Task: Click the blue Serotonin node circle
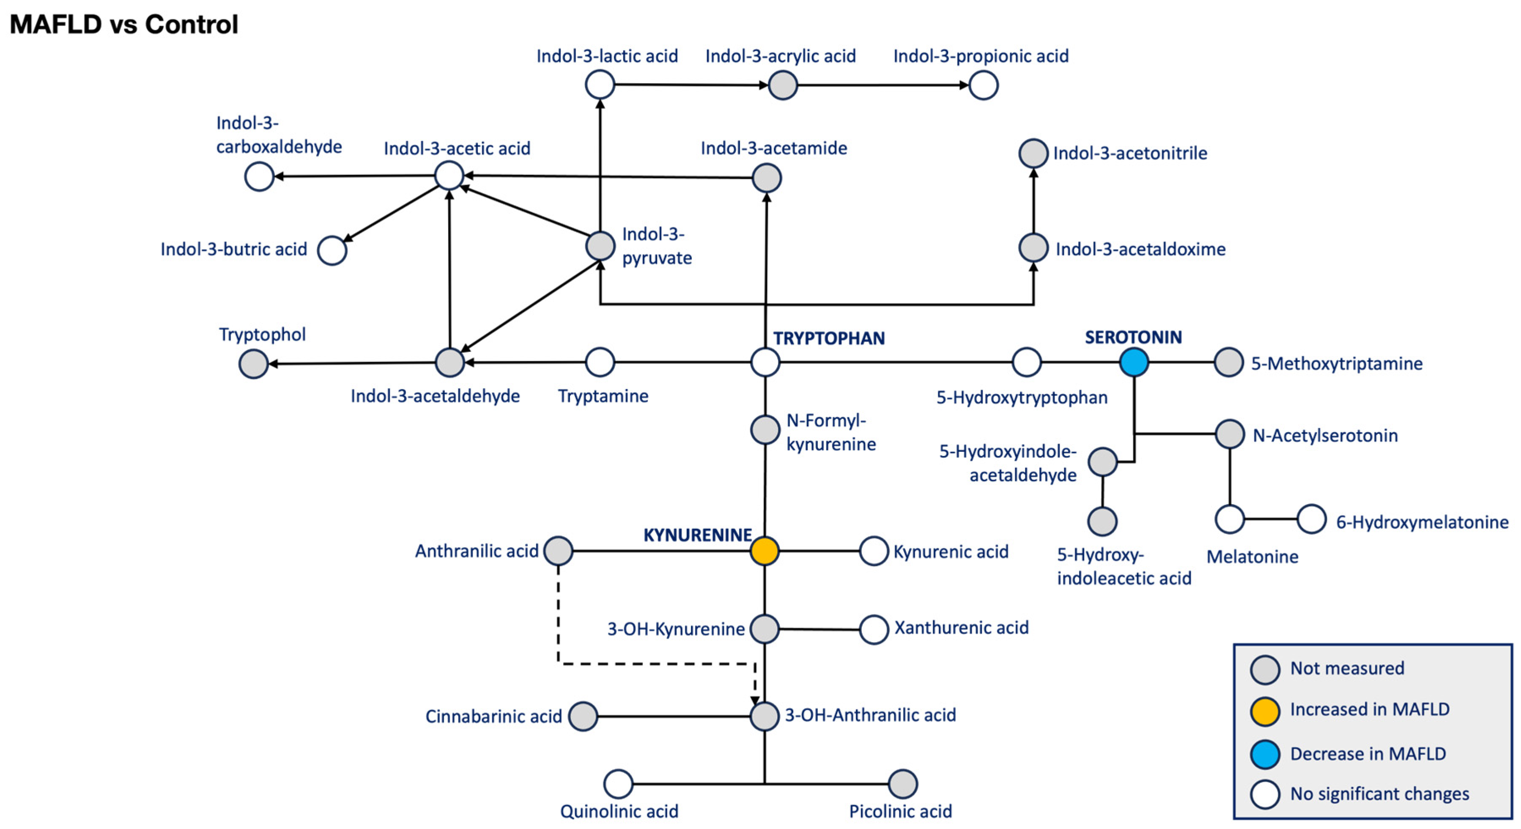click(1134, 362)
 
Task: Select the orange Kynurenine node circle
click(765, 551)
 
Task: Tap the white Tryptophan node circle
click(765, 362)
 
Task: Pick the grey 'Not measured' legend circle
click(1265, 670)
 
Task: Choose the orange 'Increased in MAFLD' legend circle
click(1265, 711)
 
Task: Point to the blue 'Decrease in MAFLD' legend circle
click(1265, 754)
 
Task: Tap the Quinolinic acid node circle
click(618, 784)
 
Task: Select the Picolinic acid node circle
click(903, 784)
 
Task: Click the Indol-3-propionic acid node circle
click(984, 85)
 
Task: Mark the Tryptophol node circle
click(253, 364)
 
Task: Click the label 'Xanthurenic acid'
click(961, 628)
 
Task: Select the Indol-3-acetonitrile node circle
click(1033, 154)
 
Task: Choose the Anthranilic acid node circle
click(558, 551)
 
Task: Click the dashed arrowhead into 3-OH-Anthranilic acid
click(755, 700)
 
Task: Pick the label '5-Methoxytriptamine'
click(1337, 364)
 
